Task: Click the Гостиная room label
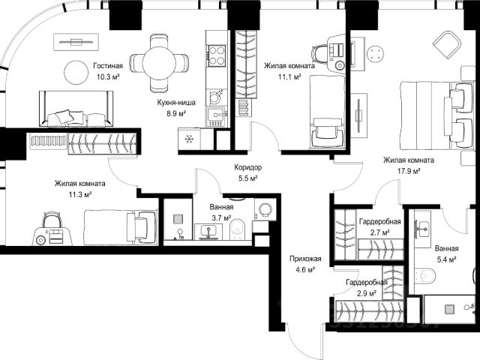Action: [108, 66]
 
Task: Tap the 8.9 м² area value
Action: [176, 114]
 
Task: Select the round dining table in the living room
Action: [159, 63]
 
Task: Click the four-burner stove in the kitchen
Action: [217, 55]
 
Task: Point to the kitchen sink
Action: [217, 115]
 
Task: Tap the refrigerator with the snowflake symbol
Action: [189, 139]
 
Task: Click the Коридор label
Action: [248, 167]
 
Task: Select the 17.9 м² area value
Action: [409, 171]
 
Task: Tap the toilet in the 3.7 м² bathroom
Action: [237, 229]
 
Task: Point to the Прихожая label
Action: [305, 259]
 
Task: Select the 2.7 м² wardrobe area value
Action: [380, 232]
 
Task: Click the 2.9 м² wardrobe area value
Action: [367, 293]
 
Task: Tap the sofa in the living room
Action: [76, 109]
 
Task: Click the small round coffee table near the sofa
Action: [76, 72]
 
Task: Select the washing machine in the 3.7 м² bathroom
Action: [265, 210]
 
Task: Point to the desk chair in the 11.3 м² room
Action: [52, 219]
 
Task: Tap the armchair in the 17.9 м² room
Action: [448, 46]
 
